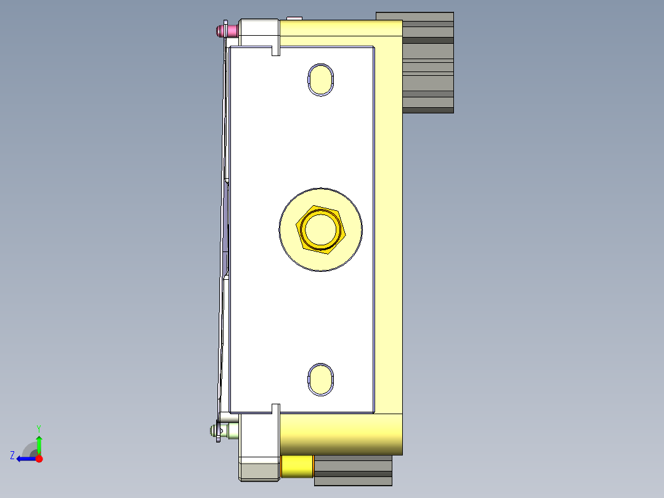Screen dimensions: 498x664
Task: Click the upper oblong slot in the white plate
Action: [320, 79]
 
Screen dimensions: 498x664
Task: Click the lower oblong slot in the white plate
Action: [320, 378]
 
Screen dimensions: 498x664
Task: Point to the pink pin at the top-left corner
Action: [225, 30]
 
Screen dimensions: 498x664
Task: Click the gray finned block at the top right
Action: [427, 62]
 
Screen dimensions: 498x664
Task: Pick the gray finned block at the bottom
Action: [353, 471]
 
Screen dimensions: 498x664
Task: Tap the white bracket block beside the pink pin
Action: [259, 31]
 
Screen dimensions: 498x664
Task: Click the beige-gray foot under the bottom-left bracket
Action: [259, 471]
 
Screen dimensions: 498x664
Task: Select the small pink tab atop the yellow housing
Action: [294, 18]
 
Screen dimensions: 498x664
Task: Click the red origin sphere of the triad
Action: [39, 459]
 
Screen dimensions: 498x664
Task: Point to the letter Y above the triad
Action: [38, 428]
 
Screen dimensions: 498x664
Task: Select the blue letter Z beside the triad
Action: [12, 455]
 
